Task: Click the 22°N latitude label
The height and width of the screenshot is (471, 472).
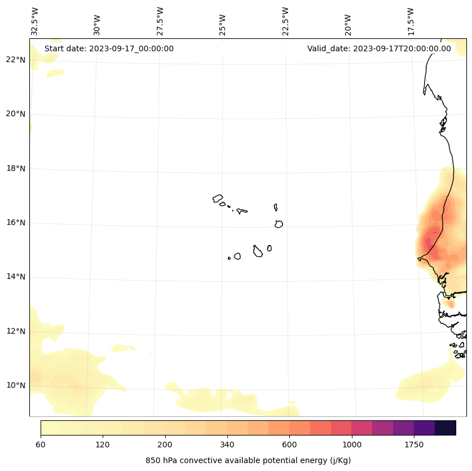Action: (15, 60)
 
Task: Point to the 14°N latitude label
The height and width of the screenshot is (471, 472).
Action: (15, 277)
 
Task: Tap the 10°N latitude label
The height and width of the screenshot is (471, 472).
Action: (15, 385)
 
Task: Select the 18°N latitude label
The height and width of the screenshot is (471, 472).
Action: (15, 168)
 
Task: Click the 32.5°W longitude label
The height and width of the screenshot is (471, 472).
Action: (35, 21)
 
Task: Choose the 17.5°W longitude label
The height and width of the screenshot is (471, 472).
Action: (411, 21)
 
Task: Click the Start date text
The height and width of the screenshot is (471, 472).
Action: (109, 48)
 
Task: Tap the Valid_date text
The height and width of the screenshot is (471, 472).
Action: (379, 48)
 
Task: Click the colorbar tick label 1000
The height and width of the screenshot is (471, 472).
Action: (351, 445)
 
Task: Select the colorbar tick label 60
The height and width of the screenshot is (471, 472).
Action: (41, 445)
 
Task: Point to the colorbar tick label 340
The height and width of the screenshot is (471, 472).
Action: (227, 445)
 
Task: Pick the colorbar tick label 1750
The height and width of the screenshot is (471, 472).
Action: (414, 445)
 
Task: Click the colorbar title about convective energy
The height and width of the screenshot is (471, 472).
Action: (248, 460)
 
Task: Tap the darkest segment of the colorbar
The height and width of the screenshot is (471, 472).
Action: (445, 428)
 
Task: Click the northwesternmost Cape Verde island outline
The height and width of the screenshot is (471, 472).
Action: (218, 198)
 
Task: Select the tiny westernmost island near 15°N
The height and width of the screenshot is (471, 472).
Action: (229, 258)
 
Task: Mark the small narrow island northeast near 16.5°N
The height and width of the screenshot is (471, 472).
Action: (276, 207)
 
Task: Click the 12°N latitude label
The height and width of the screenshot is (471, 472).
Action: (15, 331)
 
